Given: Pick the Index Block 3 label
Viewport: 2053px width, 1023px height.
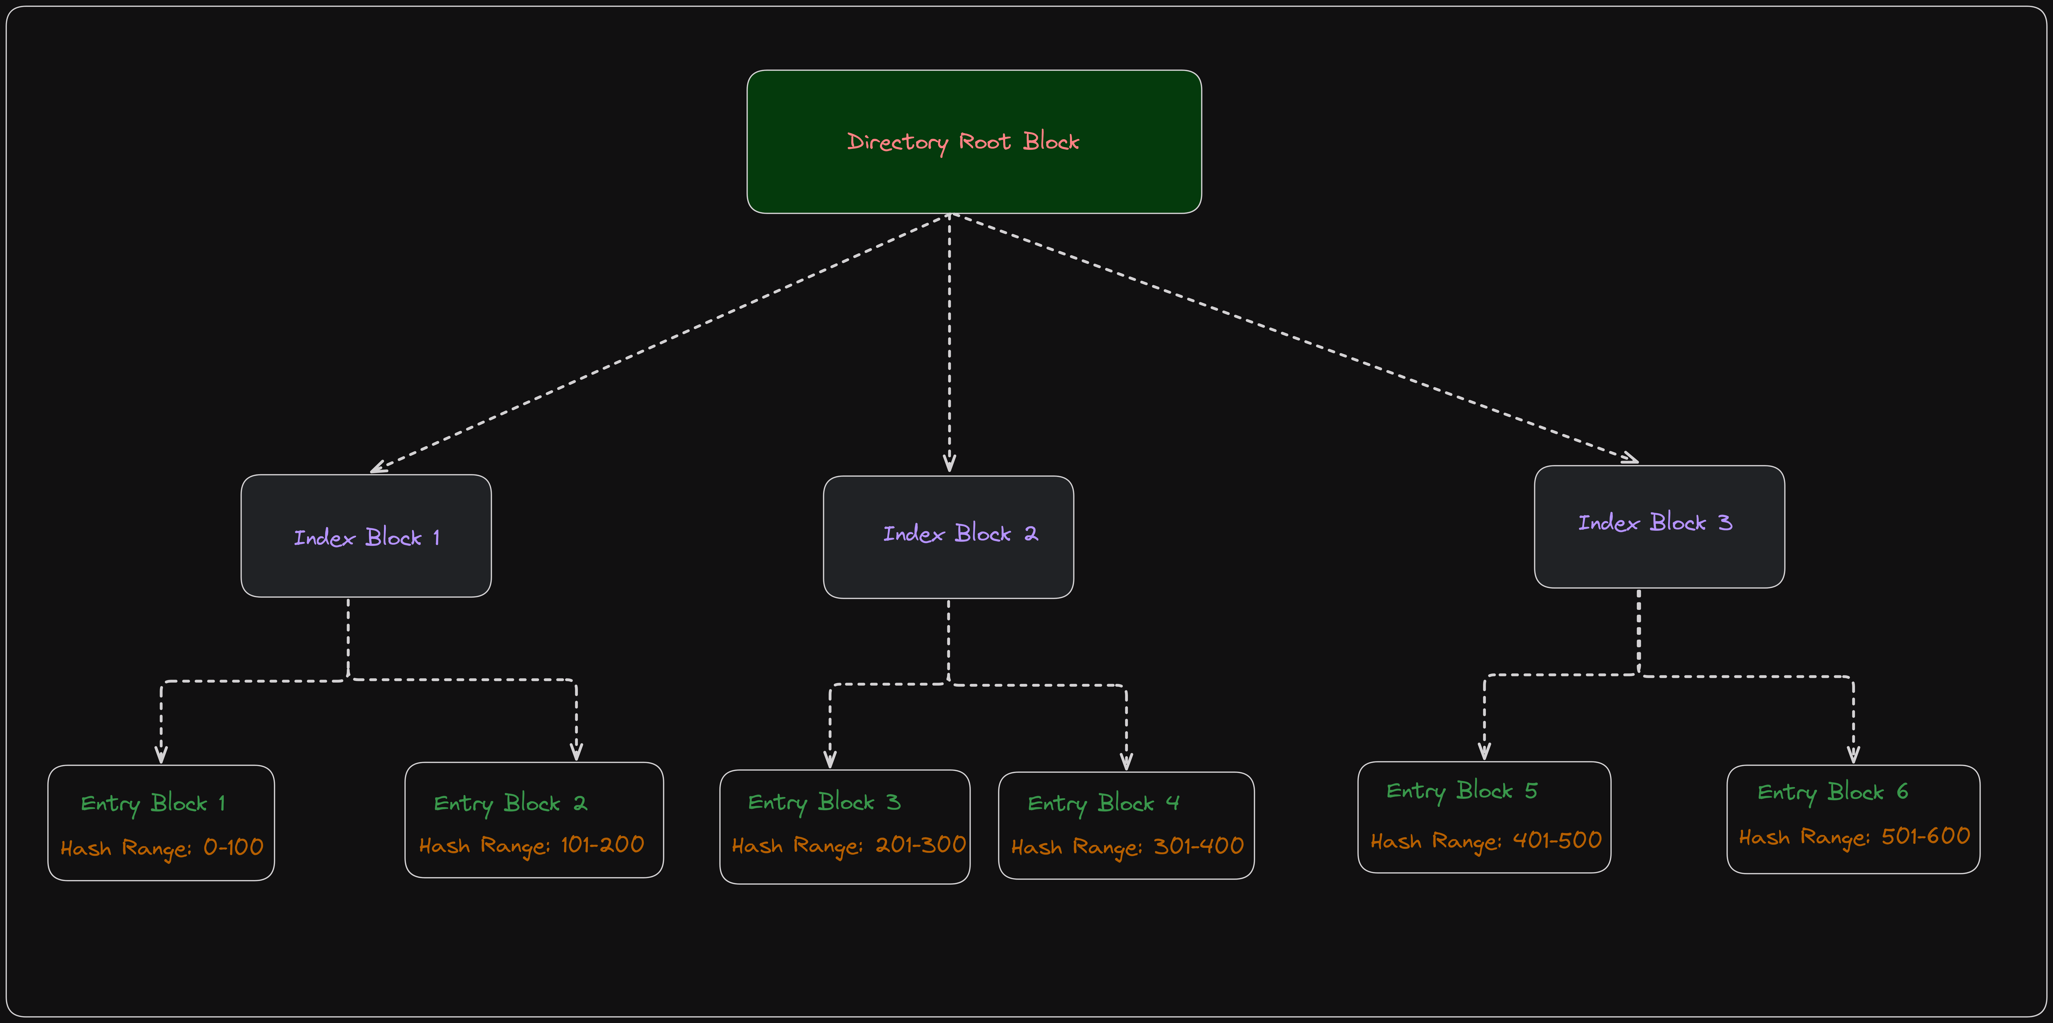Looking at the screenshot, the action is click(x=1655, y=523).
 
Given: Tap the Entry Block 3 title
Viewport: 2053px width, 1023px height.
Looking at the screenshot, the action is click(x=824, y=802).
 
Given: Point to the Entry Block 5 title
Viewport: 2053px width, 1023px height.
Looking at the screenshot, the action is click(x=1462, y=791).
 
